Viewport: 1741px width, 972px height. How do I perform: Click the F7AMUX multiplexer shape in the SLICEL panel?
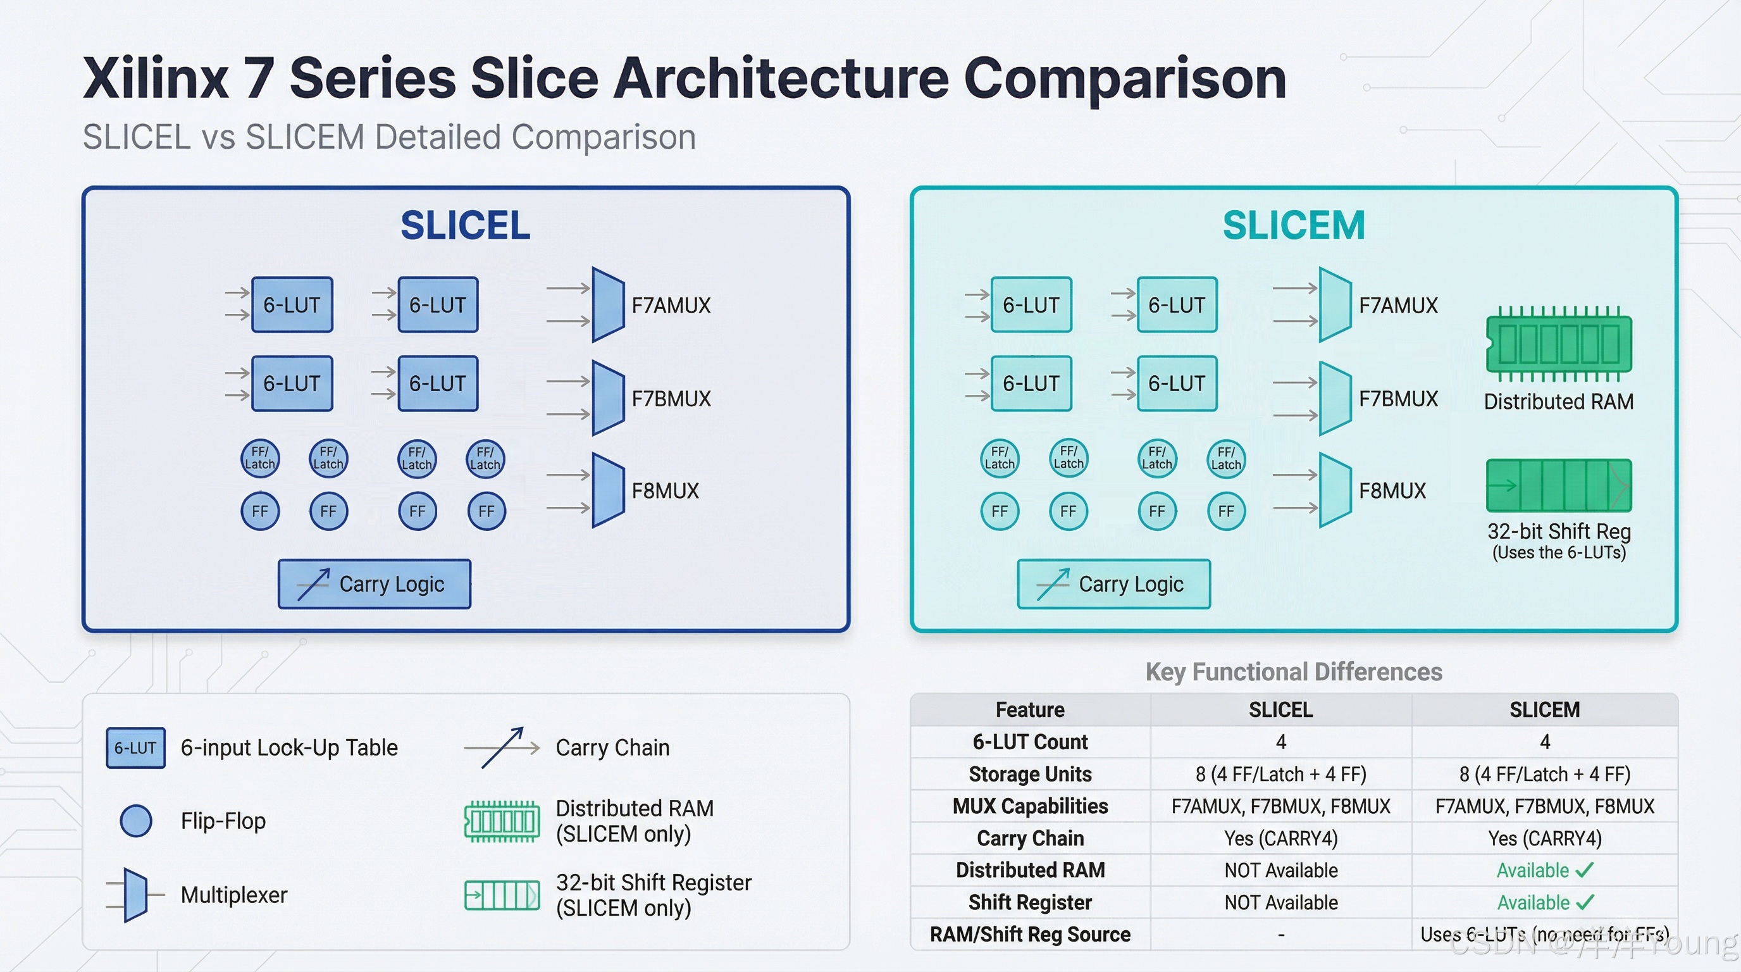tap(607, 305)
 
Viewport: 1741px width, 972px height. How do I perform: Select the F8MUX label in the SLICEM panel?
tap(1392, 490)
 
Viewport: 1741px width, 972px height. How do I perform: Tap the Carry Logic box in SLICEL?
tap(375, 584)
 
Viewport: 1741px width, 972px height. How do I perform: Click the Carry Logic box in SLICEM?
tap(1113, 584)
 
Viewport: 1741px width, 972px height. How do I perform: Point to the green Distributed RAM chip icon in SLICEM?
tap(1559, 344)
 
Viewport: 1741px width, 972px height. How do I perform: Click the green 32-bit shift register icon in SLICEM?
tap(1559, 485)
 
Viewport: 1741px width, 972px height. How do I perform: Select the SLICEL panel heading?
tap(465, 225)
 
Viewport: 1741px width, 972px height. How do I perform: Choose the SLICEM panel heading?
tap(1294, 225)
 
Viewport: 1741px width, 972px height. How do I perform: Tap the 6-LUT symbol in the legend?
tap(135, 747)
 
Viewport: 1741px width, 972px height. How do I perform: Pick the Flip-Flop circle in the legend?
tap(136, 821)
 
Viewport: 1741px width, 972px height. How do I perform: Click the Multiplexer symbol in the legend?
tap(135, 895)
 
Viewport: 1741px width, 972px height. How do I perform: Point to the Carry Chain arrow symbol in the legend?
tap(502, 747)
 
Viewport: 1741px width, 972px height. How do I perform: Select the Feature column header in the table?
tap(1029, 710)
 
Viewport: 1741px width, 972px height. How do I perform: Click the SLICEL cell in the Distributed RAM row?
tap(1280, 870)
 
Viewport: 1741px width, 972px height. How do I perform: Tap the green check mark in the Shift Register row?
tap(1584, 902)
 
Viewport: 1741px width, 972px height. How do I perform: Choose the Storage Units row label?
tap(1029, 774)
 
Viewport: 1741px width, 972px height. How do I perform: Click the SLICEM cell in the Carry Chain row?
tap(1544, 838)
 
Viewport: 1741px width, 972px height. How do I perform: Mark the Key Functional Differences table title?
tap(1294, 672)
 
